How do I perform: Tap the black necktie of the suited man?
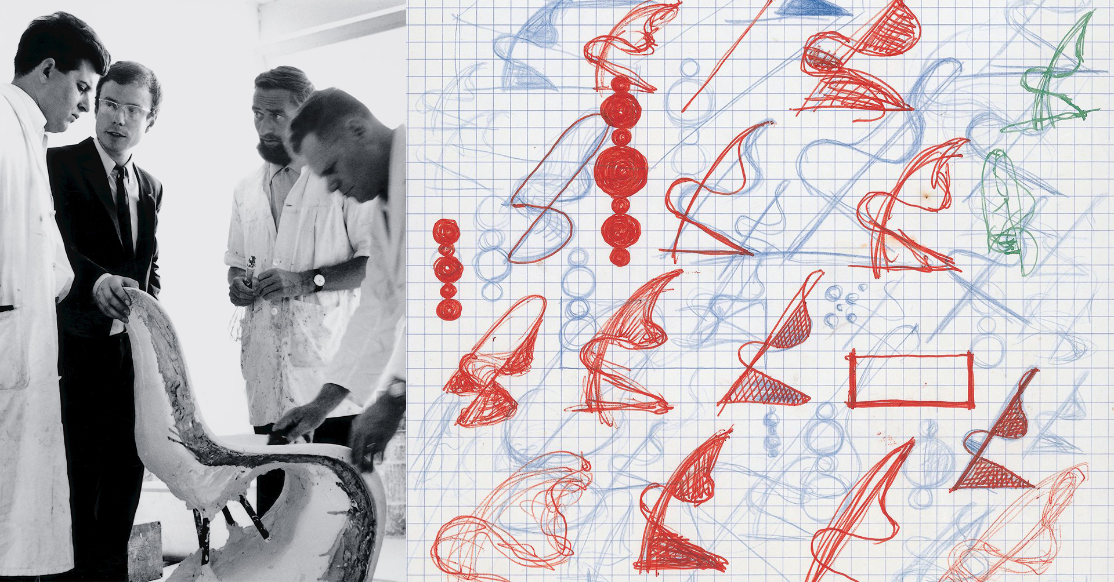(123, 203)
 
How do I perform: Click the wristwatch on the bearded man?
(319, 281)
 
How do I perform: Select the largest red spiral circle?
(620, 170)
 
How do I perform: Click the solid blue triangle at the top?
(812, 8)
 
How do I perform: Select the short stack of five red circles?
(447, 269)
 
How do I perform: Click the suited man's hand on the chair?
(116, 299)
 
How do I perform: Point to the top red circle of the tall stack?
(620, 85)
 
